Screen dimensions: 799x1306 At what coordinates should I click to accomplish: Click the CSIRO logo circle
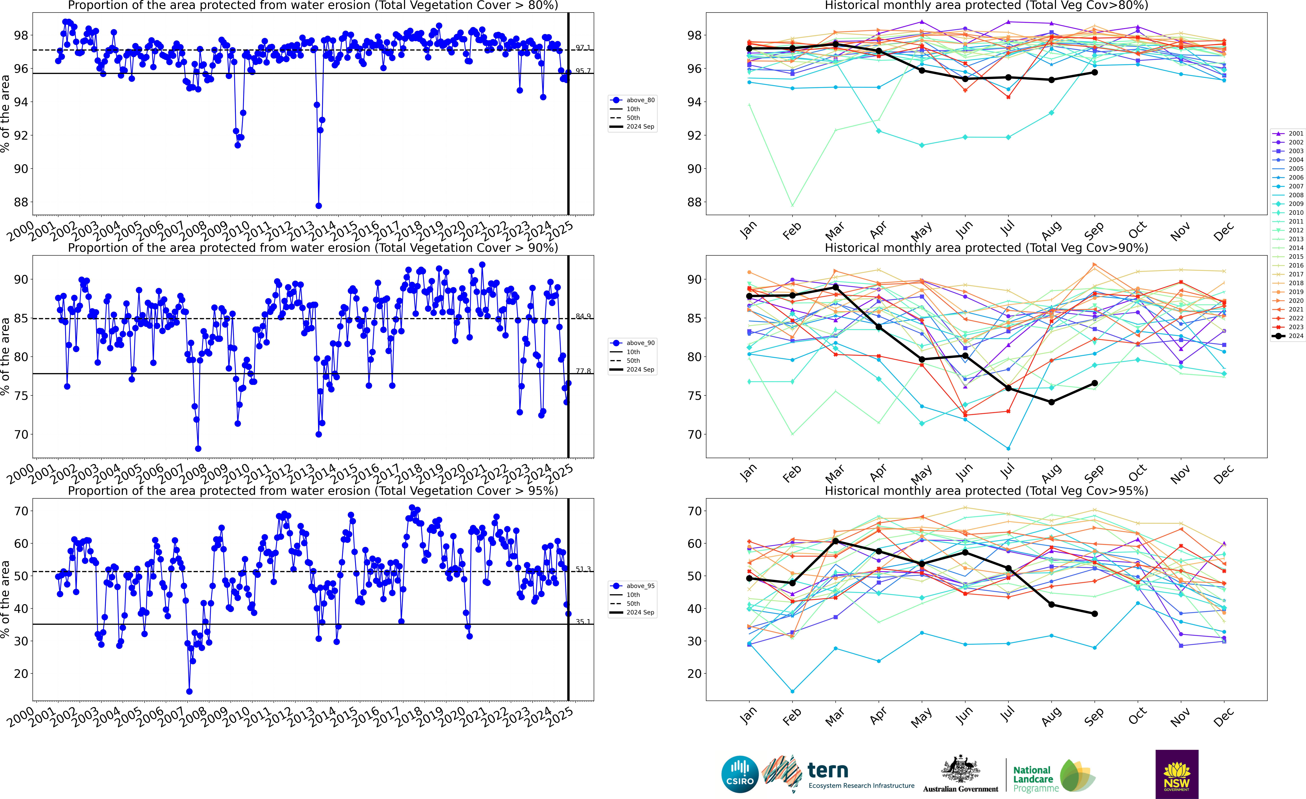(x=740, y=774)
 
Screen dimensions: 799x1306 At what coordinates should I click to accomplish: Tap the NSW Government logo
(x=1177, y=774)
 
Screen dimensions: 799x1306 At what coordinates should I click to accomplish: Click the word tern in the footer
(x=828, y=770)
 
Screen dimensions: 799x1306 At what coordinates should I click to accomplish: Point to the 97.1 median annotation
(x=583, y=48)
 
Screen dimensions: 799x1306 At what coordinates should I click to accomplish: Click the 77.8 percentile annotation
(x=583, y=371)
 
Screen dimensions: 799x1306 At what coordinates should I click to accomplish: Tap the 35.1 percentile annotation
(x=583, y=622)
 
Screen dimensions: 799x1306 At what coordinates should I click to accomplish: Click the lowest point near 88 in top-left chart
(x=319, y=206)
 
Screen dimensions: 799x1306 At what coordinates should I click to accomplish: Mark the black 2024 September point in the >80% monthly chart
(x=1095, y=73)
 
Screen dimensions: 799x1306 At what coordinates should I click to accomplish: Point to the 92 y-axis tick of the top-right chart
(x=694, y=136)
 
